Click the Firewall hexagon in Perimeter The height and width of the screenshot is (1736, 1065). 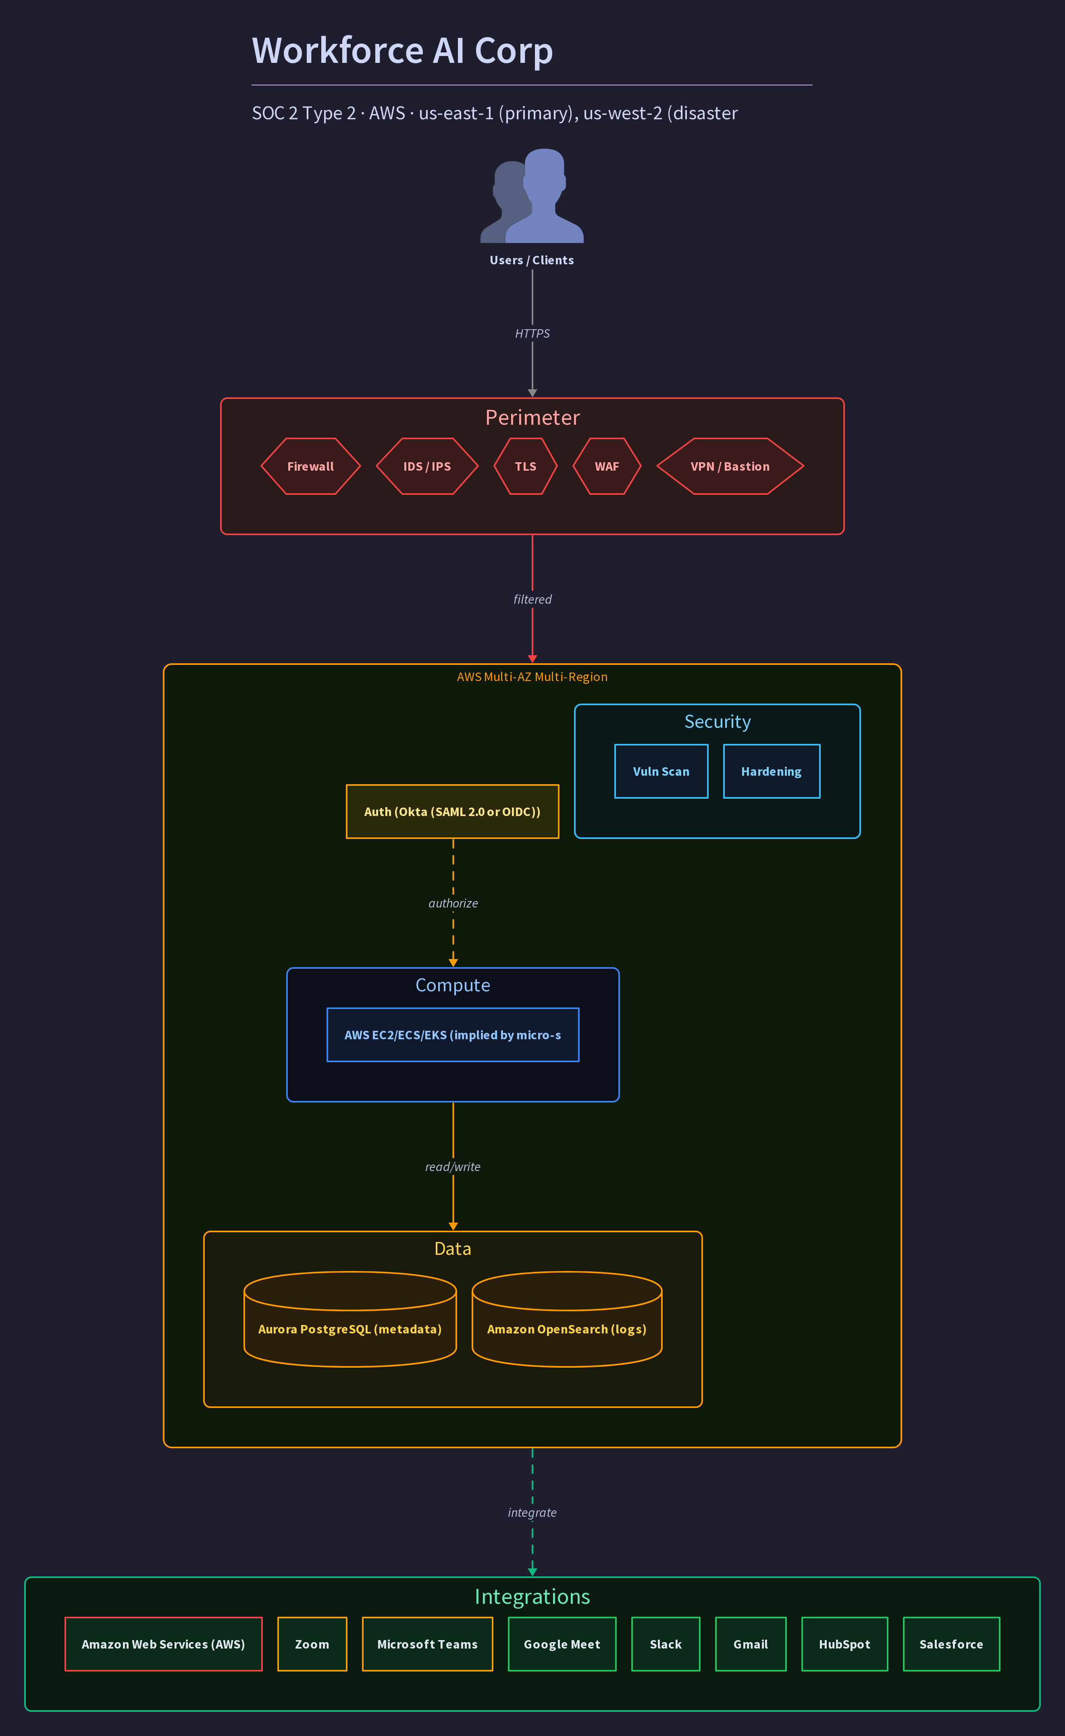click(311, 466)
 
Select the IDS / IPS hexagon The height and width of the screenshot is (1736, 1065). click(427, 466)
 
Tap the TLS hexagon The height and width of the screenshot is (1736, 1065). click(526, 466)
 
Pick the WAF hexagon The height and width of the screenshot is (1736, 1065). click(607, 466)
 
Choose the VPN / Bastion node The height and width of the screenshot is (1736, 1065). click(730, 466)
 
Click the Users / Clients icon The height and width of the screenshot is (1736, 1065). click(532, 196)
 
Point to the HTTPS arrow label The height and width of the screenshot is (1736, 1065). click(532, 333)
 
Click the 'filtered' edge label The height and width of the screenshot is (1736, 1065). click(532, 600)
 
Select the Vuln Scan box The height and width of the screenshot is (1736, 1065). click(661, 771)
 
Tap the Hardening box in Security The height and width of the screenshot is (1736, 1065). click(772, 771)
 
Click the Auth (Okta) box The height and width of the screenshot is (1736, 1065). click(453, 812)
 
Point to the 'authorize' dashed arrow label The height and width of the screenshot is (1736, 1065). click(453, 903)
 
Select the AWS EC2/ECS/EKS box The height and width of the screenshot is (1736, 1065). click(453, 1035)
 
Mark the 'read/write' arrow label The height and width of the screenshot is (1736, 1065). click(453, 1167)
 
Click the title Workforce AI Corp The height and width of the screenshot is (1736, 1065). click(402, 51)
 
